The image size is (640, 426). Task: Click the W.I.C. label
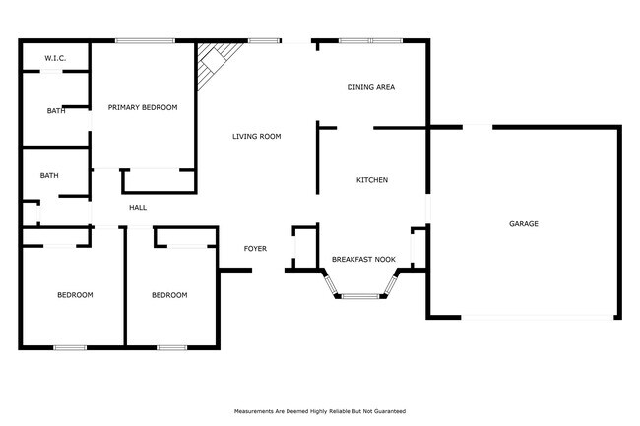[53, 59]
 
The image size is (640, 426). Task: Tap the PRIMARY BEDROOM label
[143, 107]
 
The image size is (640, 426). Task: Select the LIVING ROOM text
[257, 136]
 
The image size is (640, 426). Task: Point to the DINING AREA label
[371, 87]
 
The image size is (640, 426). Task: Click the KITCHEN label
[371, 180]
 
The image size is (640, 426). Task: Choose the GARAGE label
[523, 224]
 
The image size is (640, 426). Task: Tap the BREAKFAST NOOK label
[363, 259]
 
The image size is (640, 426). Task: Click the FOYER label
[255, 248]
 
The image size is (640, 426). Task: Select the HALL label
[138, 207]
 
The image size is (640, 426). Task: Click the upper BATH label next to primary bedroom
[56, 110]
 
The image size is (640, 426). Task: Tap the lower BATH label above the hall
[49, 175]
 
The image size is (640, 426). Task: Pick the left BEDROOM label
[75, 295]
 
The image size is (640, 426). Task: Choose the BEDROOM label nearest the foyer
[168, 295]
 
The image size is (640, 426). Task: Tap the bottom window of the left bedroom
[69, 347]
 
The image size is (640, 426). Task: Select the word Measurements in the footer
[256, 411]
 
